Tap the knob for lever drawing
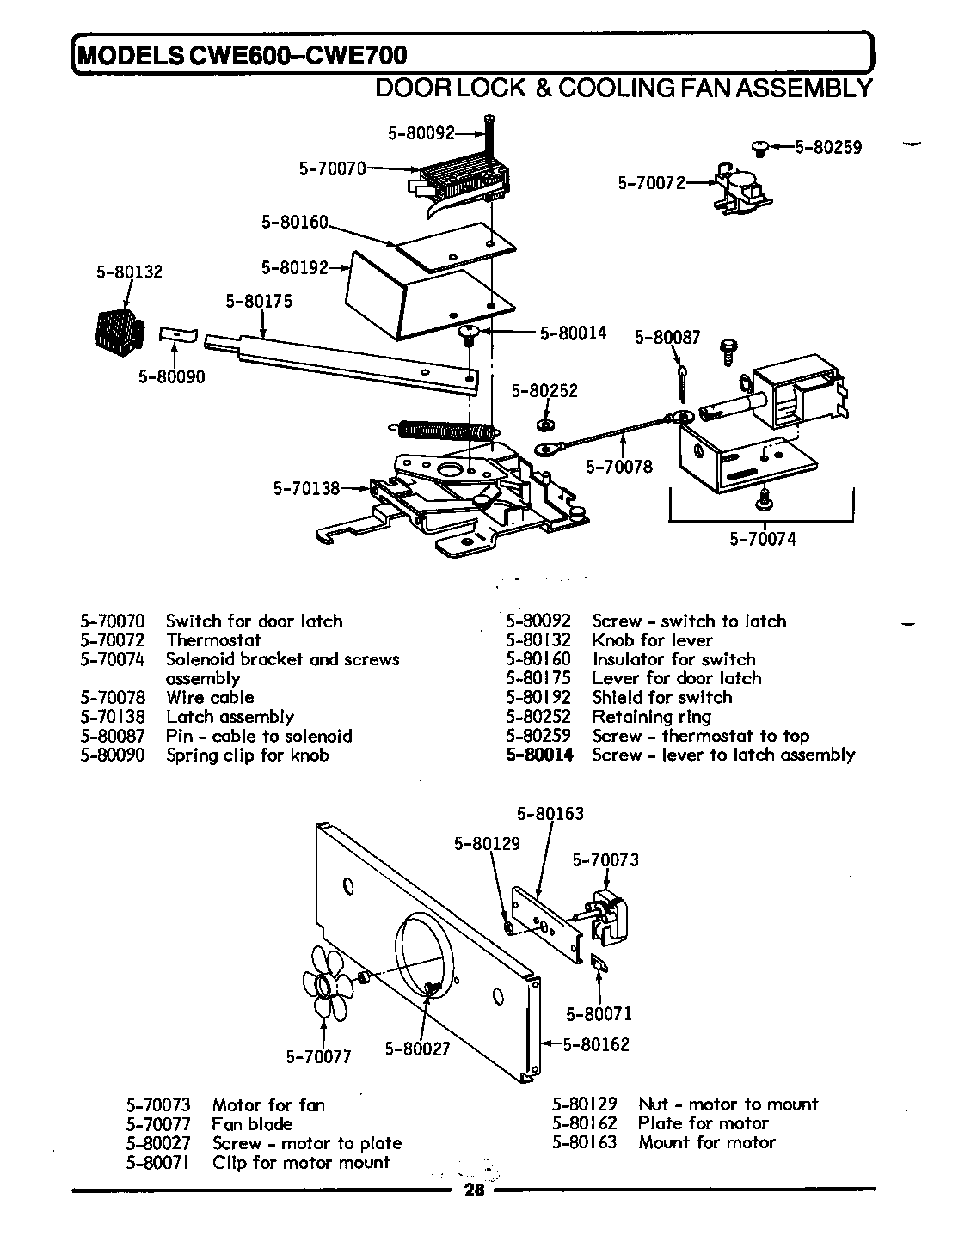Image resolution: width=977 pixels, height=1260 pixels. click(x=116, y=330)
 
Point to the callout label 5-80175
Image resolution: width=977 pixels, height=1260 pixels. click(x=259, y=301)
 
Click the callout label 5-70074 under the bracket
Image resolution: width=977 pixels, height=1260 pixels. click(x=763, y=539)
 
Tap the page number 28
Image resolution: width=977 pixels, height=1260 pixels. click(x=474, y=1190)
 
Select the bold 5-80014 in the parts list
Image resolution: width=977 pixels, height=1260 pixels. click(x=539, y=755)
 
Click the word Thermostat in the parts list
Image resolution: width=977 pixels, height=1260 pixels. click(x=213, y=640)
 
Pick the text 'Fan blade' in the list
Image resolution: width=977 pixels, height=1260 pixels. click(x=252, y=1124)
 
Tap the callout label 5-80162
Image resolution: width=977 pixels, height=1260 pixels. click(x=596, y=1044)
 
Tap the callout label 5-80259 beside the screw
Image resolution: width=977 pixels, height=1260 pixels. click(x=827, y=147)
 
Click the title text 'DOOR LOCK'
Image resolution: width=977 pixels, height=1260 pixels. click(x=451, y=88)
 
